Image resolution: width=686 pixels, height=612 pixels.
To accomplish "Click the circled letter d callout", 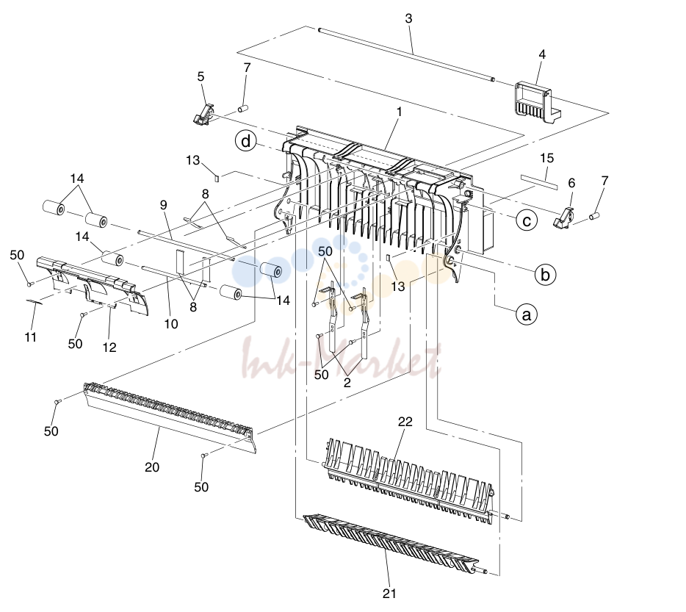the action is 246,141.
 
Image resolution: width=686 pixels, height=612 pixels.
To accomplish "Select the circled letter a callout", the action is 527,314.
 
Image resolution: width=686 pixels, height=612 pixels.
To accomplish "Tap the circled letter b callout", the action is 545,275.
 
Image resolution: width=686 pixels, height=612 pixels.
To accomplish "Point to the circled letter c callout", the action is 527,220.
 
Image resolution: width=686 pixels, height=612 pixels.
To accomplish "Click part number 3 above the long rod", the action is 408,18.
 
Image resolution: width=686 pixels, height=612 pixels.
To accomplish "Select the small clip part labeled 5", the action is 204,114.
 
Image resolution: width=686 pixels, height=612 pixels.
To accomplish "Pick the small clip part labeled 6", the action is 564,218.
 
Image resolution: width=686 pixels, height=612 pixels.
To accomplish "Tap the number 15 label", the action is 547,158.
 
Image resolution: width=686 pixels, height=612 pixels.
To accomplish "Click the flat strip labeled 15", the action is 539,182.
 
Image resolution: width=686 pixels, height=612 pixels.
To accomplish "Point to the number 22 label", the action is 405,422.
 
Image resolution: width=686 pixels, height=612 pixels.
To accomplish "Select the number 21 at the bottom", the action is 389,594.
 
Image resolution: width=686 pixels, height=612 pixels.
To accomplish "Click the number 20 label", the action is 152,467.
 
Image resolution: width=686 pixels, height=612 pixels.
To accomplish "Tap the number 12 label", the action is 109,348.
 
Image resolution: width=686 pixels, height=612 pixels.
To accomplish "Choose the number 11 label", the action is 30,337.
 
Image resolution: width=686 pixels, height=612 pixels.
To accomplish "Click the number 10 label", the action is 171,324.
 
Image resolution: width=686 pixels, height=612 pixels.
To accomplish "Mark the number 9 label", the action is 164,204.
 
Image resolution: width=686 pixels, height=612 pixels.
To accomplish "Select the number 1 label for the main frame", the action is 399,112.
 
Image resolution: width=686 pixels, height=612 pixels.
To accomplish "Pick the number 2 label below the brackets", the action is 347,383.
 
